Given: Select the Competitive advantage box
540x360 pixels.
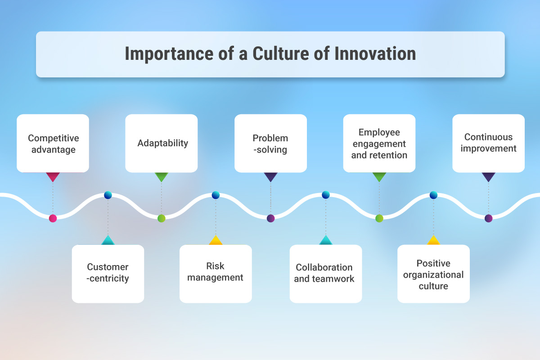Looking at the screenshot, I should pyautogui.click(x=53, y=143).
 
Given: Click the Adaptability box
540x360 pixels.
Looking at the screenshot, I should pyautogui.click(x=162, y=143).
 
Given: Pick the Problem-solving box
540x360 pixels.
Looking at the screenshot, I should pyautogui.click(x=270, y=143).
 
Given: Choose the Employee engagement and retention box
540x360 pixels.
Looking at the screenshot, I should pyautogui.click(x=379, y=143).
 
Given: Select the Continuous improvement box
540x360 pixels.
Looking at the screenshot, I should pyautogui.click(x=488, y=143).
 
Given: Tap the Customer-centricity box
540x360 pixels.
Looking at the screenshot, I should pyautogui.click(x=108, y=273).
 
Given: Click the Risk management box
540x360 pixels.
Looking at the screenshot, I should pyautogui.click(x=216, y=273).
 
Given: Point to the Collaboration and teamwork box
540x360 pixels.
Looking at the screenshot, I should pyautogui.click(x=325, y=273).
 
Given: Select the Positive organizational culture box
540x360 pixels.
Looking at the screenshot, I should pyautogui.click(x=433, y=273).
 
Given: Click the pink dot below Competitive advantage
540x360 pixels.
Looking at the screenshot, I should pyautogui.click(x=53, y=218).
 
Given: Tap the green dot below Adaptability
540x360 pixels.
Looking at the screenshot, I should pyautogui.click(x=162, y=218).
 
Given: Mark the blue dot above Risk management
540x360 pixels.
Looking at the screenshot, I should pyautogui.click(x=216, y=195).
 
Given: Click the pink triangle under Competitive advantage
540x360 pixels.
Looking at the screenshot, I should pyautogui.click(x=53, y=176).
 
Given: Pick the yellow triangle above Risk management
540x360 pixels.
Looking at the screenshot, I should pyautogui.click(x=216, y=241).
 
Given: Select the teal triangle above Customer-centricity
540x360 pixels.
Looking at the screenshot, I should pyautogui.click(x=108, y=241).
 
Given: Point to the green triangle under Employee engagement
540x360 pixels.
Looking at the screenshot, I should pyautogui.click(x=379, y=176).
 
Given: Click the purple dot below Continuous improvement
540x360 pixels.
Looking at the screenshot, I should pyautogui.click(x=489, y=218).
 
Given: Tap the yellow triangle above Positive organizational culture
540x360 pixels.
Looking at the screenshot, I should pyautogui.click(x=433, y=241).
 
